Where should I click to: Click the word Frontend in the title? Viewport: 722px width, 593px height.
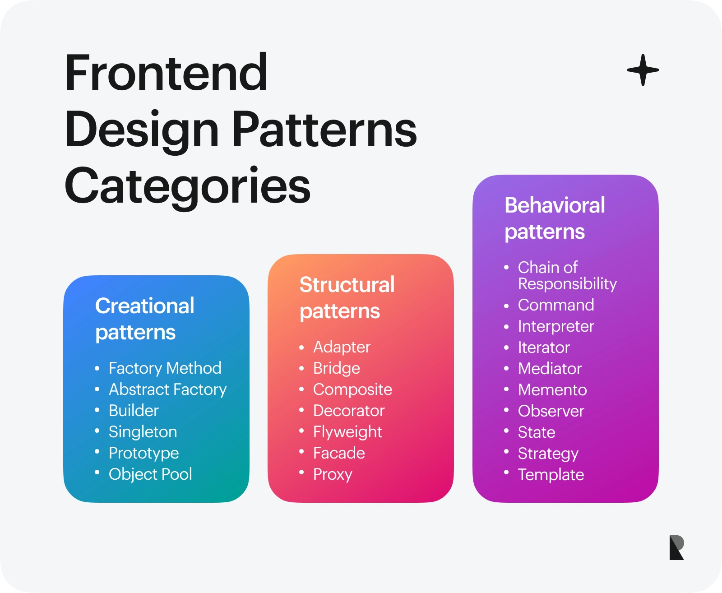(166, 73)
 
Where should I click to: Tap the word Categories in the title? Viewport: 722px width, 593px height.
(187, 186)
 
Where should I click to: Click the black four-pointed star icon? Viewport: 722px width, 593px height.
(643, 70)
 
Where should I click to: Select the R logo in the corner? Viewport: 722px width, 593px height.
(677, 547)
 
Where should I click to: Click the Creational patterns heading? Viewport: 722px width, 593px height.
(144, 319)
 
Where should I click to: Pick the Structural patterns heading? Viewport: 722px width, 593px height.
(347, 297)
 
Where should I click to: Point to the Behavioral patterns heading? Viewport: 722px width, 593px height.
(555, 218)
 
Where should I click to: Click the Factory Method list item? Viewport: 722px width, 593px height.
(165, 368)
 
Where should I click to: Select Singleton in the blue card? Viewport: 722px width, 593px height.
(143, 432)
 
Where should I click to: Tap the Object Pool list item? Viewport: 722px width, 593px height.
(150, 474)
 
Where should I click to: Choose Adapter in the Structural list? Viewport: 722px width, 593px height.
(342, 347)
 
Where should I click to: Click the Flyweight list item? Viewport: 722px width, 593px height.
(347, 432)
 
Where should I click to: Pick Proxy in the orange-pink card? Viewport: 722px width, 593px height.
(333, 474)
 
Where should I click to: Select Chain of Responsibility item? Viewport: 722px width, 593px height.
(567, 275)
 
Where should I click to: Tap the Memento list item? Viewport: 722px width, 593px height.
(552, 389)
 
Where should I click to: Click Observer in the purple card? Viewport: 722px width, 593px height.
(551, 411)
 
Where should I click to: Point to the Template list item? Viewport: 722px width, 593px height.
(551, 475)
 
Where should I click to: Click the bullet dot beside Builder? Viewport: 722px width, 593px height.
(97, 410)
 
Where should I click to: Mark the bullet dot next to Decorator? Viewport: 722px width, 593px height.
(301, 410)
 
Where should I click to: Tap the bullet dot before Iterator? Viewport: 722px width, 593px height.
(506, 347)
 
